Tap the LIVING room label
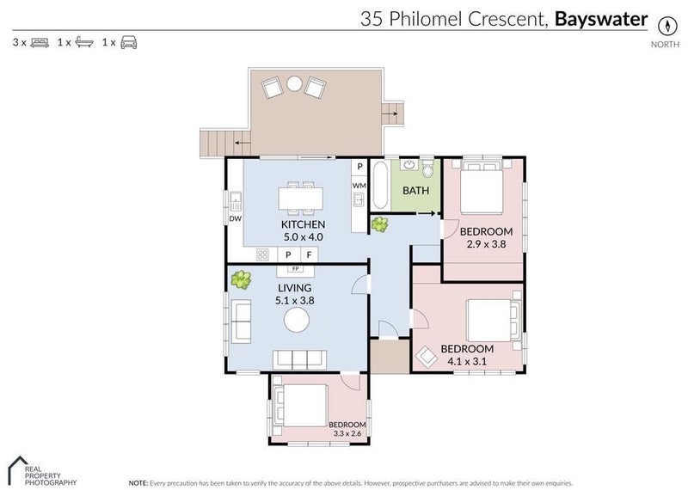[293, 287]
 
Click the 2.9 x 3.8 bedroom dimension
[485, 244]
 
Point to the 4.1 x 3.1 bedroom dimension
[466, 361]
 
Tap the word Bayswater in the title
[601, 19]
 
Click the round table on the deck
[293, 84]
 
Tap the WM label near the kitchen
[359, 185]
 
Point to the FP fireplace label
[295, 268]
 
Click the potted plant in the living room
[242, 279]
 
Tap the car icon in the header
[128, 41]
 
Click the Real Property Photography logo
[42, 469]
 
